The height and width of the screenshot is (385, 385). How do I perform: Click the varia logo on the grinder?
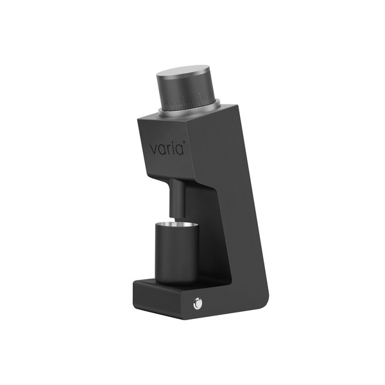pos(167,148)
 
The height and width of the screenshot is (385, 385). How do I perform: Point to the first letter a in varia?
pos(162,150)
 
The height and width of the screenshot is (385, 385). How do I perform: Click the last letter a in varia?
pos(179,150)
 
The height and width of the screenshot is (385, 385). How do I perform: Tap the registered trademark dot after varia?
pos(184,144)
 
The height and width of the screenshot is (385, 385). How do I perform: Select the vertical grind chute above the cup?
pos(177,198)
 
